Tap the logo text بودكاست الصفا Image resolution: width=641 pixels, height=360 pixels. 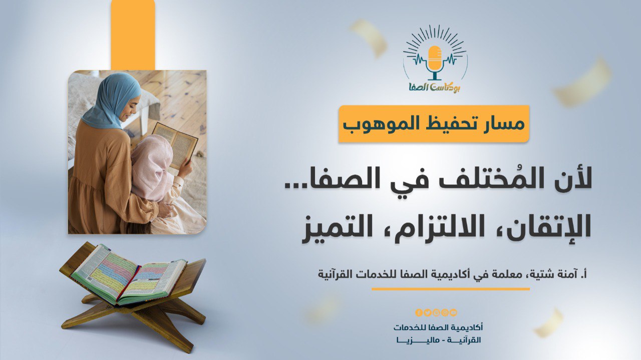pyautogui.click(x=435, y=86)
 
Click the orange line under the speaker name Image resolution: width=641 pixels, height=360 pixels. pyautogui.click(x=450, y=289)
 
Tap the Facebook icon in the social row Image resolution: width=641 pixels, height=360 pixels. pyautogui.click(x=419, y=313)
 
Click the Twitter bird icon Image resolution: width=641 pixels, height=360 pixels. pyautogui.click(x=428, y=313)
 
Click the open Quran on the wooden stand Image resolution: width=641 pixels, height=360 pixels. pyautogui.click(x=128, y=275)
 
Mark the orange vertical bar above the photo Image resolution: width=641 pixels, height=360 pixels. pyautogui.click(x=133, y=35)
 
